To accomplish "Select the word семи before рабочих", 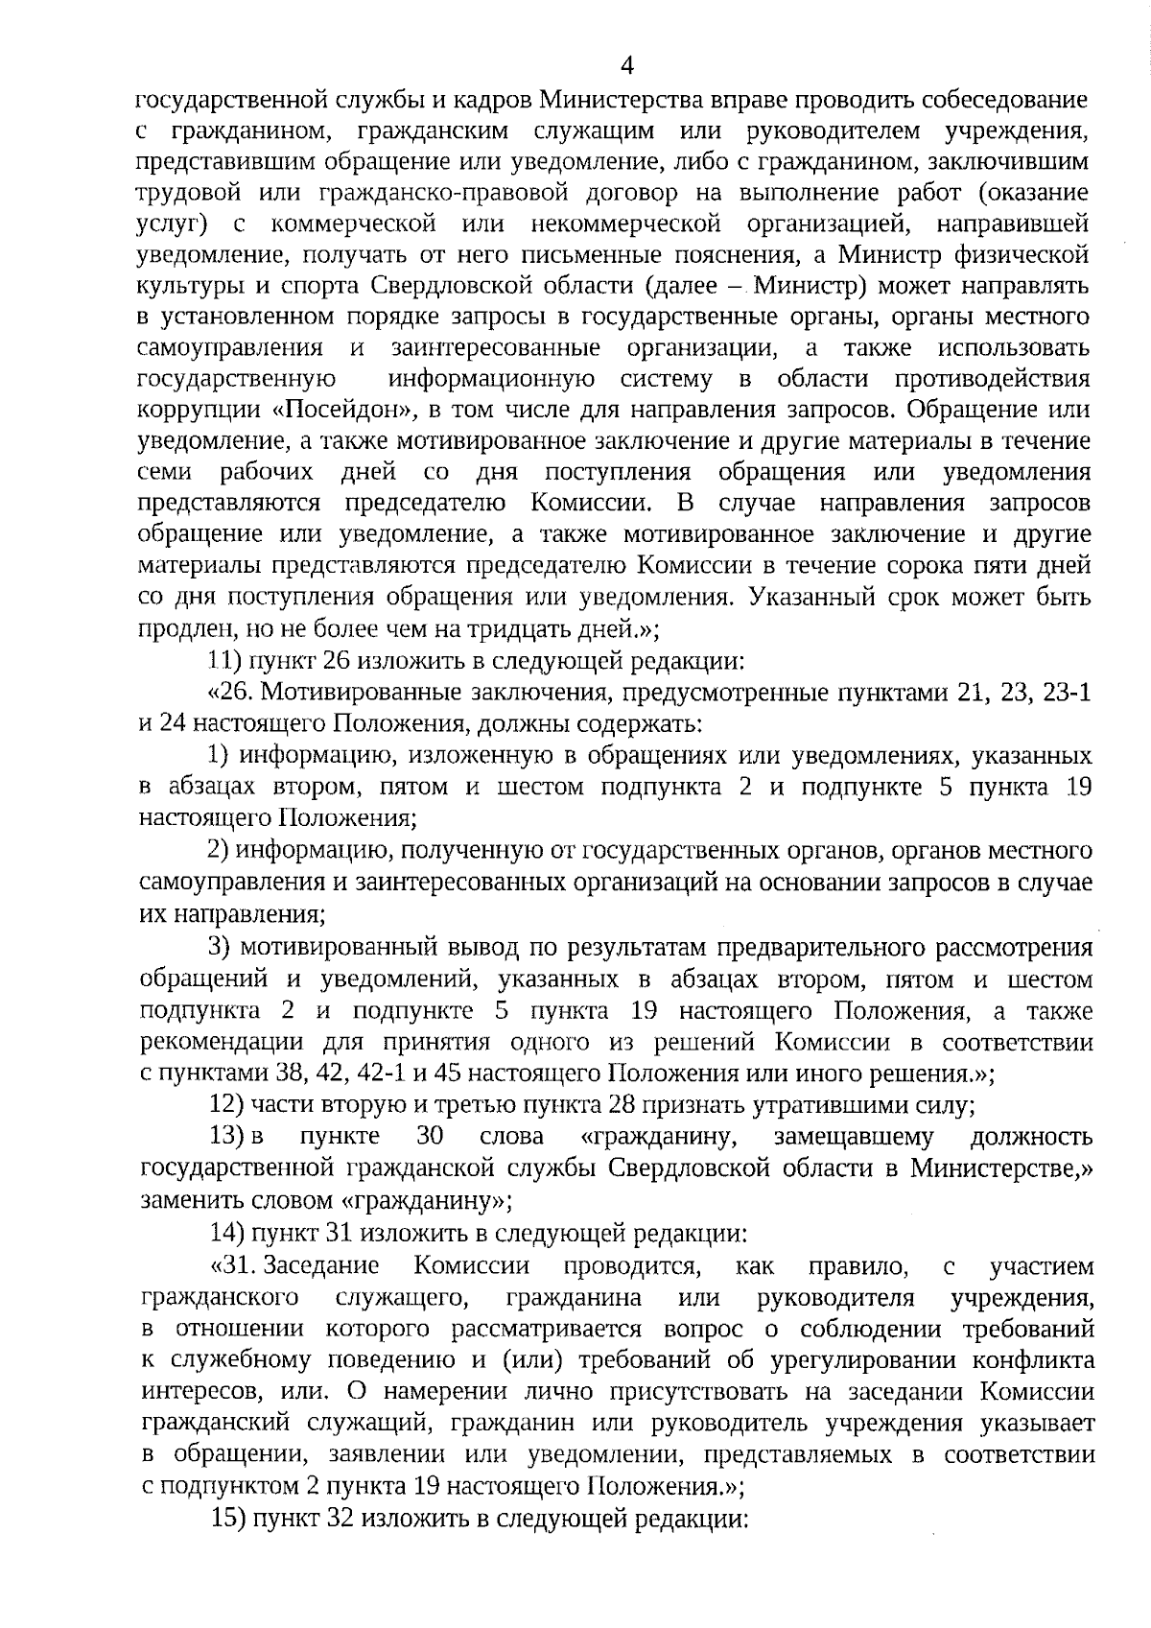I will pos(166,472).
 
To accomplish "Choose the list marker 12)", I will pos(227,1104).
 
